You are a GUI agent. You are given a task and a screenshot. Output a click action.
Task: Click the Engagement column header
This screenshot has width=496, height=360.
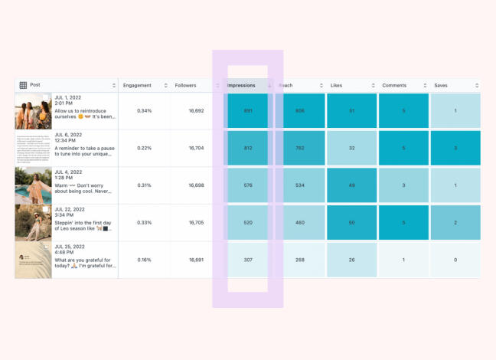pos(138,85)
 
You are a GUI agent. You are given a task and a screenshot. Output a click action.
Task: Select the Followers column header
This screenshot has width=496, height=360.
pos(186,85)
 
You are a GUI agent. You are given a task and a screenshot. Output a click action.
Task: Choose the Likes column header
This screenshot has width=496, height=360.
pos(338,85)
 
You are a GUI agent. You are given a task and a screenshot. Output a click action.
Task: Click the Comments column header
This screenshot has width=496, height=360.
pos(394,85)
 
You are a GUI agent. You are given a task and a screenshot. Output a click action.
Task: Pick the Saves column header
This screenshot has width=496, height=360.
pos(441,85)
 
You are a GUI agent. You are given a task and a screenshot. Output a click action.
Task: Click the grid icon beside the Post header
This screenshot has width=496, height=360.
pos(23,85)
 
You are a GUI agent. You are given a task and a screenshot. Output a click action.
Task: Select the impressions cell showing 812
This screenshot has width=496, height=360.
pos(247,149)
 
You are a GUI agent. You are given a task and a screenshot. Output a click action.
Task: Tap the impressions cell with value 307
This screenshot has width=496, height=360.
pos(247,260)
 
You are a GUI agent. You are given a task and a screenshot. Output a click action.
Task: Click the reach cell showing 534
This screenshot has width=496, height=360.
pos(299,185)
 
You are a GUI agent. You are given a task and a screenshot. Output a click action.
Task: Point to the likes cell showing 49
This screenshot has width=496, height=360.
pos(351,185)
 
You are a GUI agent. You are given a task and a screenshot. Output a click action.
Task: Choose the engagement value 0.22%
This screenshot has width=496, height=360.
pos(144,149)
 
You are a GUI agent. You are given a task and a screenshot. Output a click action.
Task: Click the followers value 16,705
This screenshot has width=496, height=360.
pos(197,223)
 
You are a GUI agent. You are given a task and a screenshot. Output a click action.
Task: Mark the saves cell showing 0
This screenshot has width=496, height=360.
pos(455,260)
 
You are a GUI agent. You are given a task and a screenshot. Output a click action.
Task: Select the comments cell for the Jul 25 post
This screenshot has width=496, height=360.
pos(403,260)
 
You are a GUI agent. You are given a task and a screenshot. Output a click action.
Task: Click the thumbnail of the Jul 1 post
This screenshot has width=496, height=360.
pos(33,111)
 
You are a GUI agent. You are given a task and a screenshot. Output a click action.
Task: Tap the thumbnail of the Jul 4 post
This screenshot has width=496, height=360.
pos(33,185)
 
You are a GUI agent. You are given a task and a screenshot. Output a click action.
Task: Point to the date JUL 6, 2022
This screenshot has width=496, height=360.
pos(70,136)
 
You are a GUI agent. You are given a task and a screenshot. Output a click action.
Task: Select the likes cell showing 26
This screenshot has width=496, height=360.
pos(351,260)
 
